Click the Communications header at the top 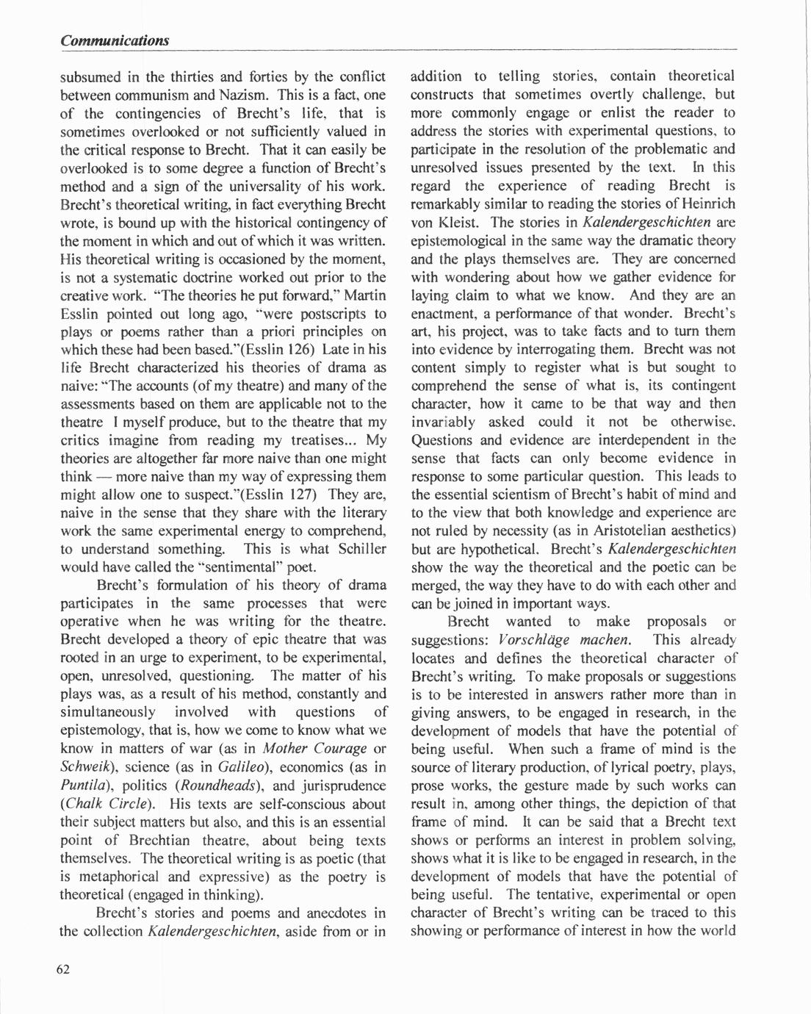coord(115,40)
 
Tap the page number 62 coord(63,968)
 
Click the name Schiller coord(361,549)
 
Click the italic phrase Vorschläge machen coord(563,640)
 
